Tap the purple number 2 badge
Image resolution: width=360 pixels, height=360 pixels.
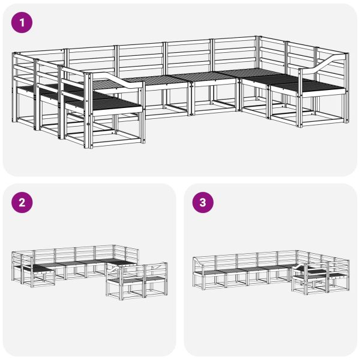tap(23, 203)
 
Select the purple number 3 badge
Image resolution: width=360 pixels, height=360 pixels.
tap(203, 203)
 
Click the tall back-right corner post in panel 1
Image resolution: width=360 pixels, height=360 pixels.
tap(260, 54)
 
